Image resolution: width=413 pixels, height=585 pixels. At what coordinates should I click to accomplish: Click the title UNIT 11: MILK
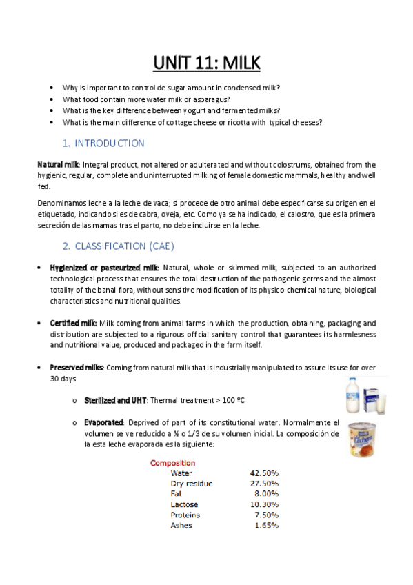(x=206, y=63)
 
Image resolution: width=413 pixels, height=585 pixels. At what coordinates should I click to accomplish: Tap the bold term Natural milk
(x=58, y=165)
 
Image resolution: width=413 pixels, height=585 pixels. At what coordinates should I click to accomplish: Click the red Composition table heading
(x=172, y=463)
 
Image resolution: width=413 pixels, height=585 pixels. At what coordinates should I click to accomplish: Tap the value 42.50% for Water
(x=264, y=473)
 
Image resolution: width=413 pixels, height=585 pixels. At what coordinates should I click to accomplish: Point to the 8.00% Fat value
(x=266, y=494)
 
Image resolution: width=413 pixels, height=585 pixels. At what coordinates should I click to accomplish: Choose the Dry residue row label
(x=191, y=484)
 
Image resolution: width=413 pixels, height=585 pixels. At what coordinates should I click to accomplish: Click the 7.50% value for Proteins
(x=266, y=515)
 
